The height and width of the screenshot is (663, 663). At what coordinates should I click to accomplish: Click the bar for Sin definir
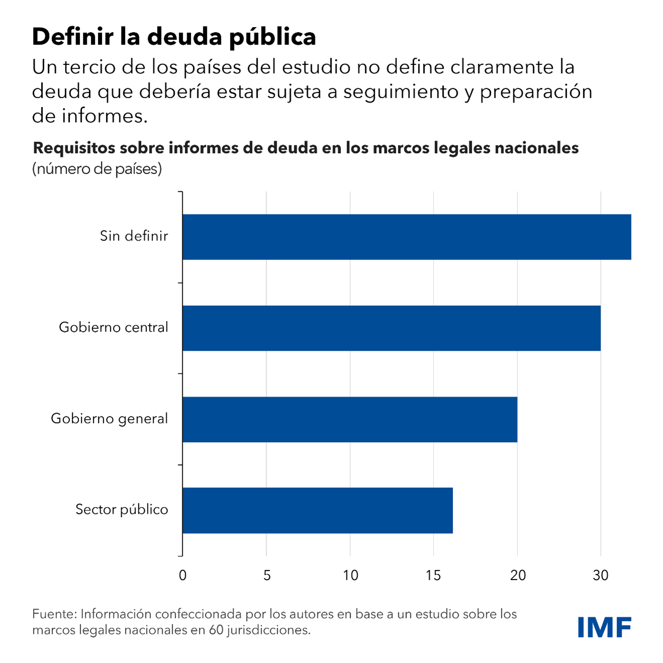(x=406, y=237)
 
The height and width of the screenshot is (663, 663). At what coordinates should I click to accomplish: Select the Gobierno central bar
(x=391, y=328)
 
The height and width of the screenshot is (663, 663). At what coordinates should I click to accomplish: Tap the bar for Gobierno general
(x=350, y=419)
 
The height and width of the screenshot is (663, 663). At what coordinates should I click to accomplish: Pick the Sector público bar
(x=317, y=510)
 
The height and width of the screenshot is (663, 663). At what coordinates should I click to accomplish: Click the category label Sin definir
(x=134, y=236)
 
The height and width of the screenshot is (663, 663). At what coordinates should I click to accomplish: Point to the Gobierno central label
(x=114, y=327)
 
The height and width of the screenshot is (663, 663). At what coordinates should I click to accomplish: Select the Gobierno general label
(x=109, y=419)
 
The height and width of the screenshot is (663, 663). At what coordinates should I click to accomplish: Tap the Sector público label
(x=122, y=510)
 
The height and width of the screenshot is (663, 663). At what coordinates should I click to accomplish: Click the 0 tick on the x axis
(x=182, y=576)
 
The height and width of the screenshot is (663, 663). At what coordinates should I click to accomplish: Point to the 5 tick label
(x=267, y=576)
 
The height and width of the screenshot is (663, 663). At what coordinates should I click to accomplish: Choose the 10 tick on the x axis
(x=350, y=576)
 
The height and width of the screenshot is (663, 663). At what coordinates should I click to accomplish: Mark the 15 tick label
(x=433, y=576)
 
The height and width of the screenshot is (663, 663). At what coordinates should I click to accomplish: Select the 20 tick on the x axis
(x=517, y=576)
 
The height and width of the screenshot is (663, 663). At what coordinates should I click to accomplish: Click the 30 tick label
(x=601, y=576)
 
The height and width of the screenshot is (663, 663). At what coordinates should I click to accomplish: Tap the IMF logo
(x=604, y=627)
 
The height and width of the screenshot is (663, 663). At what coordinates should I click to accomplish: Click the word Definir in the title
(x=73, y=37)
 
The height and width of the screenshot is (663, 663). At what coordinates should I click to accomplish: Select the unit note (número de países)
(x=97, y=169)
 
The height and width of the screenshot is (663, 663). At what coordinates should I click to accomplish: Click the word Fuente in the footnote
(x=54, y=614)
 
